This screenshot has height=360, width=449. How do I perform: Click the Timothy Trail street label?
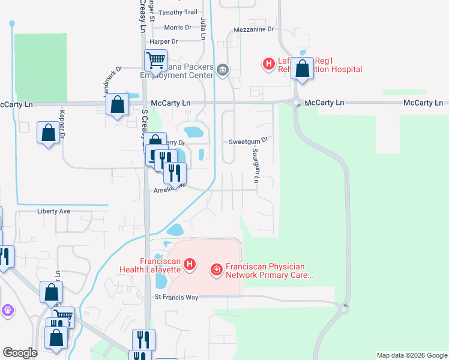click(178, 12)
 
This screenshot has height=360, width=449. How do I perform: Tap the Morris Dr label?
click(178, 27)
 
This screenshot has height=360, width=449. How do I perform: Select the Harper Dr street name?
click(164, 41)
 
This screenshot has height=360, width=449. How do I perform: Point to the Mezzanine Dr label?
click(254, 28)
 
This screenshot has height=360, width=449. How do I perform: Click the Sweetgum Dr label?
click(248, 142)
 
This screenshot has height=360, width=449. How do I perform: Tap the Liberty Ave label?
click(54, 211)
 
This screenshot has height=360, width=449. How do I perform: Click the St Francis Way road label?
click(176, 297)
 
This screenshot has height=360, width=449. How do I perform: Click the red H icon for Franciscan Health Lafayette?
click(190, 264)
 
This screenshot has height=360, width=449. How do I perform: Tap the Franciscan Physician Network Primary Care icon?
click(216, 271)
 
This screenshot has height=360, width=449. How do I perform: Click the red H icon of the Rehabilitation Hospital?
click(268, 62)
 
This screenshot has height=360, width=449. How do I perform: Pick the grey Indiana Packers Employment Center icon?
click(223, 70)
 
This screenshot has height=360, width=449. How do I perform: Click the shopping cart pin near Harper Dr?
click(155, 60)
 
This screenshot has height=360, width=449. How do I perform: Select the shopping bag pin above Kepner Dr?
click(48, 132)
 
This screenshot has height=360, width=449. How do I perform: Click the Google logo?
click(20, 353)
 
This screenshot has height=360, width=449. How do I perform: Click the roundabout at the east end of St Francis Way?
click(344, 308)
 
